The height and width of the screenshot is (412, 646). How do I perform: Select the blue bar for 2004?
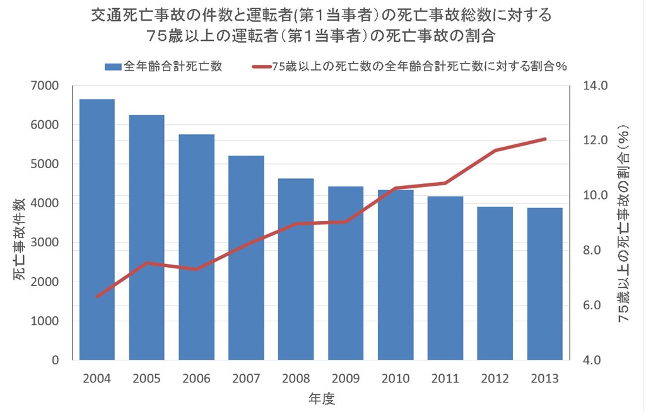pyautogui.click(x=97, y=230)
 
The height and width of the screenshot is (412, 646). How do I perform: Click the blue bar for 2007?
pyautogui.click(x=246, y=258)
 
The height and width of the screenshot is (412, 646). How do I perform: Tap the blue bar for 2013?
pyautogui.click(x=545, y=283)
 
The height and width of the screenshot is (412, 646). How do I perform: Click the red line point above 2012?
pyautogui.click(x=495, y=150)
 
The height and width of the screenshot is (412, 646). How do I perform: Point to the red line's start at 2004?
pyautogui.click(x=97, y=297)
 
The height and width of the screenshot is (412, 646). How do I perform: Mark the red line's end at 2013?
pyautogui.click(x=545, y=139)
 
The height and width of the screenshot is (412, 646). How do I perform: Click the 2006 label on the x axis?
pyautogui.click(x=196, y=379)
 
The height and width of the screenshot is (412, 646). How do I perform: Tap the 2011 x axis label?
pyautogui.click(x=445, y=379)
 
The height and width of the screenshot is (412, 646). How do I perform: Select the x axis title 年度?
pyautogui.click(x=321, y=398)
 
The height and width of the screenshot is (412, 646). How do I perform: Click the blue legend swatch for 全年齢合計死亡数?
pyautogui.click(x=112, y=66)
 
